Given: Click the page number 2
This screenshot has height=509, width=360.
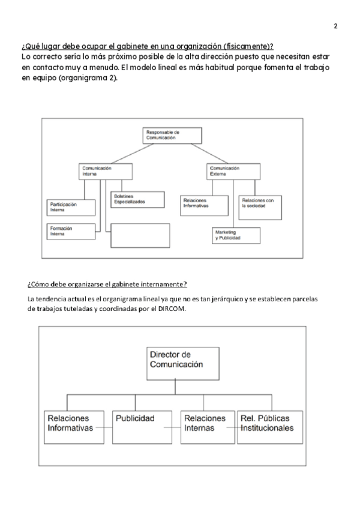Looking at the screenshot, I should click(335, 26).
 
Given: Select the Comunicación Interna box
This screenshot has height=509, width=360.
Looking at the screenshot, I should click(103, 171).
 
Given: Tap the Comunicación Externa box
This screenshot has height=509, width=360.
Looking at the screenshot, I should click(233, 171).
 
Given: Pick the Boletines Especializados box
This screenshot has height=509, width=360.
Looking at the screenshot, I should click(137, 199).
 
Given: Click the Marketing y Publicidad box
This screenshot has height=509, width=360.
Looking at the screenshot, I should click(236, 235).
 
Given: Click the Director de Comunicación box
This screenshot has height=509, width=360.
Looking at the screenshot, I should click(175, 363).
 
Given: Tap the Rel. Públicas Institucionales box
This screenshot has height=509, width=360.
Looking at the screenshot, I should click(269, 427).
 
